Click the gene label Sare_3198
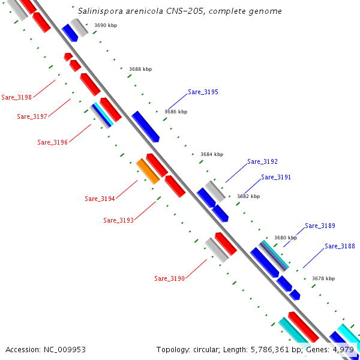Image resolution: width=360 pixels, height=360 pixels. point(17,97)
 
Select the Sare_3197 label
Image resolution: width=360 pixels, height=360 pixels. point(32,116)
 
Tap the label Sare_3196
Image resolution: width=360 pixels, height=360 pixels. point(52,142)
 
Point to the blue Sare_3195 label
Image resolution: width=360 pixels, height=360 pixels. point(203,92)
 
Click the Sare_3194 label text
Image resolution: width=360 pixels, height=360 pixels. point(100,199)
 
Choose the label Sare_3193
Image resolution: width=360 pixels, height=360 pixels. point(118,220)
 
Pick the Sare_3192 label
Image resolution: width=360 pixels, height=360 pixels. point(262,162)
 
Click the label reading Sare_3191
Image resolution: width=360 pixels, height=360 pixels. point(276,178)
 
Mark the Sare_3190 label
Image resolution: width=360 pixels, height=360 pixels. point(169,278)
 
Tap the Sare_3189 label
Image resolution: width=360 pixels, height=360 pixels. point(320,226)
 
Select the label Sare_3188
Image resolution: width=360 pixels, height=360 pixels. point(340,247)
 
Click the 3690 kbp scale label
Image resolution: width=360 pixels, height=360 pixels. point(106,26)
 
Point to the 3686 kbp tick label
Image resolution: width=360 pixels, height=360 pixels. point(176,112)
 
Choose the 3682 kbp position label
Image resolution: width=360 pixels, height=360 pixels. point(248,196)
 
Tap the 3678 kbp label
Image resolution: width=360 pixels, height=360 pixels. point(323,278)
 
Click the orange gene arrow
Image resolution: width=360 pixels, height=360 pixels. point(148,171)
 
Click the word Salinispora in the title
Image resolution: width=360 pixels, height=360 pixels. point(100,11)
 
